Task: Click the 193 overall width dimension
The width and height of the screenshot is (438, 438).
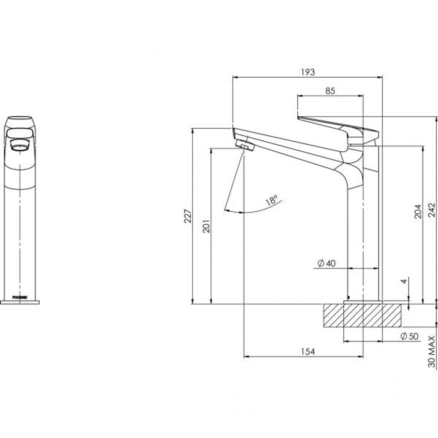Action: pyautogui.click(x=308, y=72)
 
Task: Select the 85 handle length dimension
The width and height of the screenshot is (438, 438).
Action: pyautogui.click(x=330, y=91)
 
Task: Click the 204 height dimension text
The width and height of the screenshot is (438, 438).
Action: pyautogui.click(x=418, y=211)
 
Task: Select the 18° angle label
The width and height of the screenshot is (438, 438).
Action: pyautogui.click(x=272, y=200)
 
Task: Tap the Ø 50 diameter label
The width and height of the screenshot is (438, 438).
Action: pyautogui.click(x=409, y=336)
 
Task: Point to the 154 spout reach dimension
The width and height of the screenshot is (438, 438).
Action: pyautogui.click(x=308, y=352)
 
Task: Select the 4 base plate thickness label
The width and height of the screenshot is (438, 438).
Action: pyautogui.click(x=404, y=281)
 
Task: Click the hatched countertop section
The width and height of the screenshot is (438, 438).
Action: pyautogui.click(x=363, y=316)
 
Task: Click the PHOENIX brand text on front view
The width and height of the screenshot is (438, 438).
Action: pyautogui.click(x=19, y=297)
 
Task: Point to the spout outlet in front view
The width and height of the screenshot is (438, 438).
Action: pyautogui.click(x=19, y=146)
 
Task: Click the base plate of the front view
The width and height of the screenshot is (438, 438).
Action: pyautogui.click(x=19, y=302)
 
